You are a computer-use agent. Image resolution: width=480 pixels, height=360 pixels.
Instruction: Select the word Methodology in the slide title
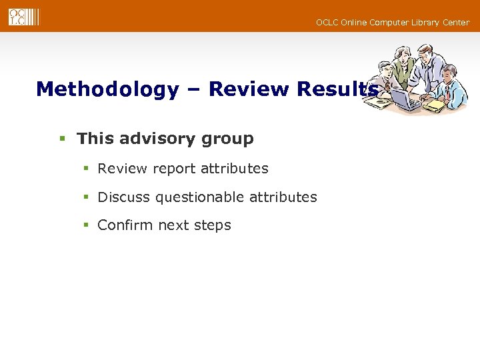tap(107, 89)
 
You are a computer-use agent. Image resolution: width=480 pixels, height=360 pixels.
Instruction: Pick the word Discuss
tap(124, 197)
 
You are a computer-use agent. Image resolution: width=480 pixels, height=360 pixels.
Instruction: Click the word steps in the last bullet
tap(213, 225)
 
